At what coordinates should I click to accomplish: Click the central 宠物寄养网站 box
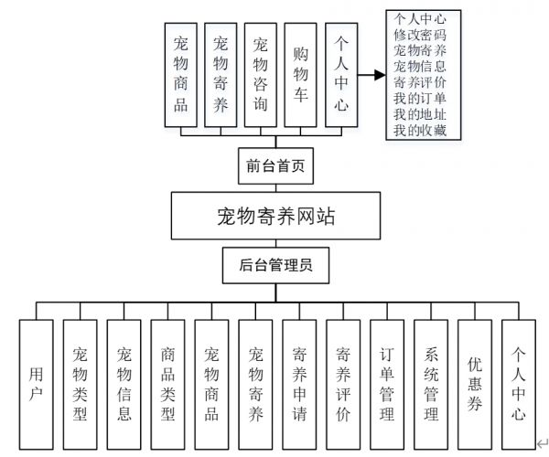(275, 216)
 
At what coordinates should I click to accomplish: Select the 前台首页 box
(275, 165)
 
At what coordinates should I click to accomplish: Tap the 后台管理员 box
(275, 265)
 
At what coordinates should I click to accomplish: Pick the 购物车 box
(300, 75)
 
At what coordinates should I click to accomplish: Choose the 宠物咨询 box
(261, 75)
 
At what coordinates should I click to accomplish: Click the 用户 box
(36, 385)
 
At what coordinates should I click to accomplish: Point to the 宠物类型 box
(81, 385)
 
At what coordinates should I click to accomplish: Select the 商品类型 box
(167, 385)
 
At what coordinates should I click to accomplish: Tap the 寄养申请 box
(299, 385)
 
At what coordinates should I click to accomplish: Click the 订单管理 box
(387, 385)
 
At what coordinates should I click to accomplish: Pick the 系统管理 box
(431, 385)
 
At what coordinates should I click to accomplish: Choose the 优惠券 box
(475, 385)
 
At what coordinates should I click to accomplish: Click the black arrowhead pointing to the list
(380, 75)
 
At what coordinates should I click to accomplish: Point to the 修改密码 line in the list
(420, 35)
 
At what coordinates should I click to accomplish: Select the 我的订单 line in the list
(420, 98)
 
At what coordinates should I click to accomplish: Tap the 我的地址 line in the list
(420, 114)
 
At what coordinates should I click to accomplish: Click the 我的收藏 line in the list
(420, 130)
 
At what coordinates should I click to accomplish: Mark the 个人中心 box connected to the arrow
(341, 75)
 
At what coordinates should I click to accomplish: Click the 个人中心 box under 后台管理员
(519, 385)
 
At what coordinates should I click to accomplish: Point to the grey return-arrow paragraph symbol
(543, 443)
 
